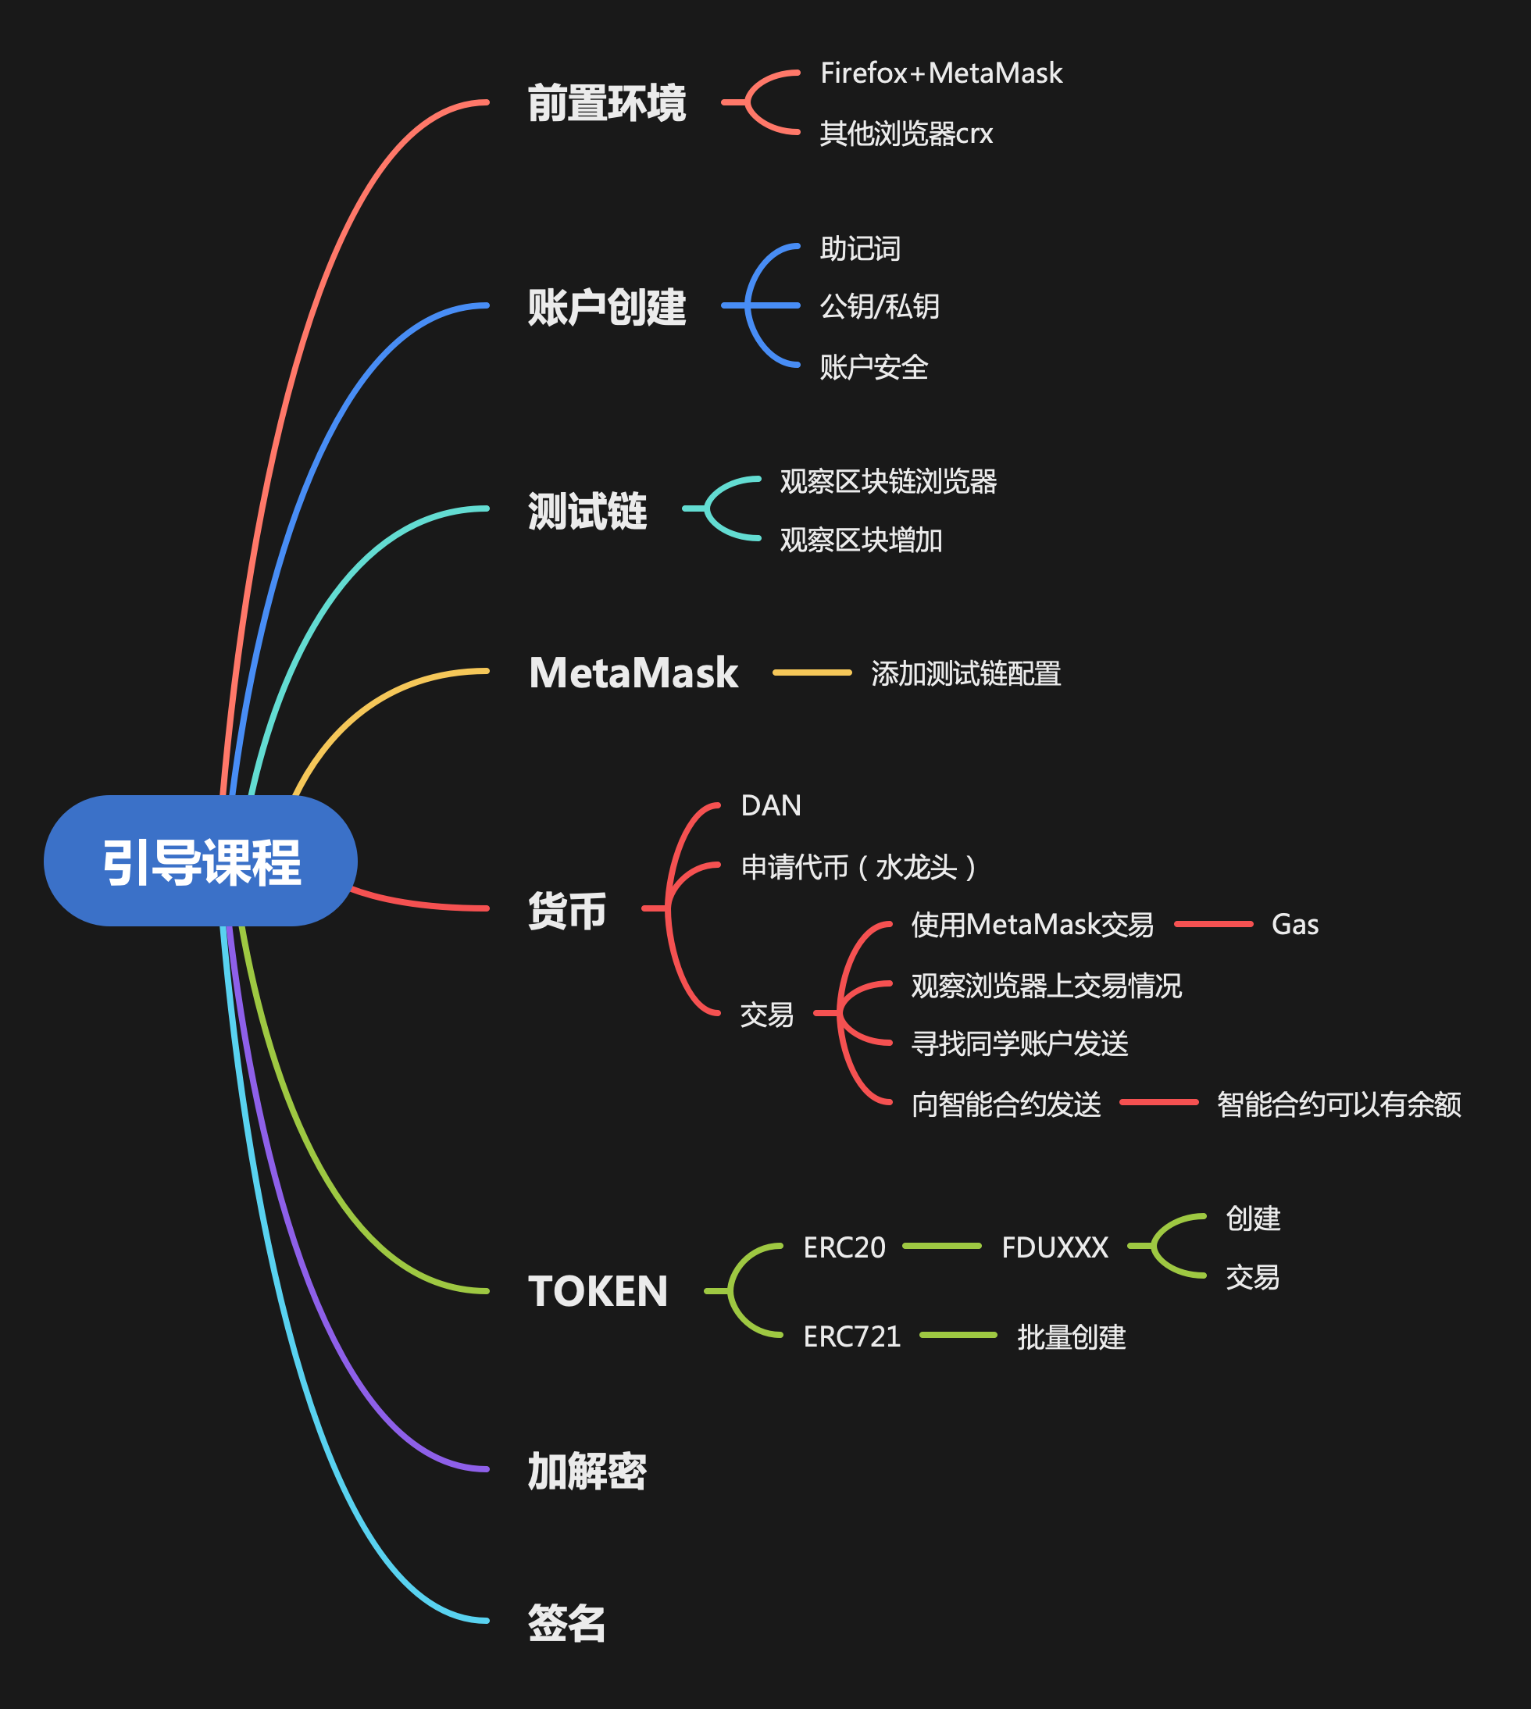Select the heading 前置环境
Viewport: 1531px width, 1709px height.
606,103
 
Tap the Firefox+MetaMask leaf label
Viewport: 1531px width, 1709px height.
940,74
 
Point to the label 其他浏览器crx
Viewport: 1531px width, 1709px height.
906,134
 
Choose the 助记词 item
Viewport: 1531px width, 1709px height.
860,249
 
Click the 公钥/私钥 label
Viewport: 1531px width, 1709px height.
879,306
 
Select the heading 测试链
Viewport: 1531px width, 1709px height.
587,511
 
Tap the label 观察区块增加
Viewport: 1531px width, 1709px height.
861,540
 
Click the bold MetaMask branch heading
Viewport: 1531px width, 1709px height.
633,673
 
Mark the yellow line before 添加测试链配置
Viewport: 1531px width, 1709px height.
812,673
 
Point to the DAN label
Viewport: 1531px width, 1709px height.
770,806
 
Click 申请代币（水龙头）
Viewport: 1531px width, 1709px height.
858,867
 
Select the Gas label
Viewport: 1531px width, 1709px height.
1294,925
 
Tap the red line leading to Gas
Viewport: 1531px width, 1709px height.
1213,924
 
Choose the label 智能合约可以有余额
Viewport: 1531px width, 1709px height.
1338,1104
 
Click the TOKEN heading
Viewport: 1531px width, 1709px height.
598,1291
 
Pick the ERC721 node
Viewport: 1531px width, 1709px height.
851,1336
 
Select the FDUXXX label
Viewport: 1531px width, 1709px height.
1055,1247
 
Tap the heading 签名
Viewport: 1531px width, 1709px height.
566,1623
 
